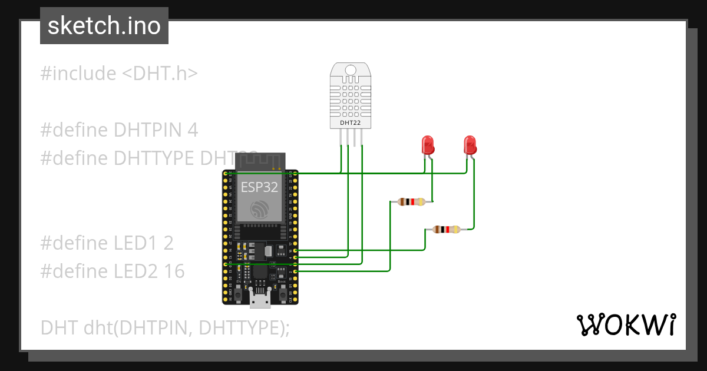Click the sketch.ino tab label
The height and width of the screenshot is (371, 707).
click(x=104, y=26)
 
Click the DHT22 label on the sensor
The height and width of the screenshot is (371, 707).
click(x=351, y=123)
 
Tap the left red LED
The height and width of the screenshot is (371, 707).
click(x=427, y=145)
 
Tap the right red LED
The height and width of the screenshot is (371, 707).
click(x=470, y=145)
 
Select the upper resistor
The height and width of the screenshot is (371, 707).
click(x=411, y=202)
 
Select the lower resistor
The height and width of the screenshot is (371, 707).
click(x=445, y=230)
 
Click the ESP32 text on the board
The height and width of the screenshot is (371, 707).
click(x=260, y=187)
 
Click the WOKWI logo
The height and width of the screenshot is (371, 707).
click(x=626, y=325)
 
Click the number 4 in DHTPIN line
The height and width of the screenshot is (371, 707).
click(x=192, y=130)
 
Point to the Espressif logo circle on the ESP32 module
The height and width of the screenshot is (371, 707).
click(x=260, y=210)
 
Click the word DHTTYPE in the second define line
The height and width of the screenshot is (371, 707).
click(x=154, y=158)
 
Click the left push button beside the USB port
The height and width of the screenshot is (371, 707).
click(x=237, y=293)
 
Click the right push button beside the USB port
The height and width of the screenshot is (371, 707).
click(x=283, y=293)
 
